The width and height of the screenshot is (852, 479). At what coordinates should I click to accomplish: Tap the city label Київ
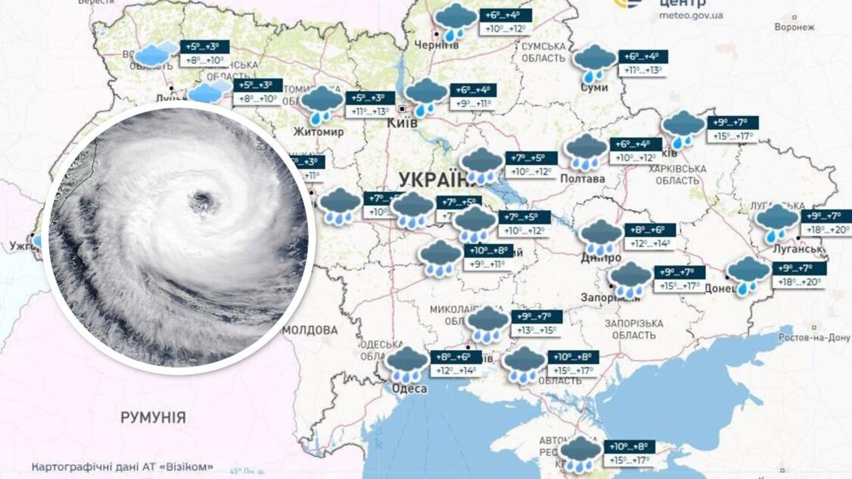tap(402, 123)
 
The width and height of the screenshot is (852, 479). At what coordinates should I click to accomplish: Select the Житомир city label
tap(318, 131)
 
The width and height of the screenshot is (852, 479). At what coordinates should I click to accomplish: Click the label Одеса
tap(409, 388)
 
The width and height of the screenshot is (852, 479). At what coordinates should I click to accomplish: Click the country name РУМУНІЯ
tap(153, 417)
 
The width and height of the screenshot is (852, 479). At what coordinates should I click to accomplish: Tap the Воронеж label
tap(794, 27)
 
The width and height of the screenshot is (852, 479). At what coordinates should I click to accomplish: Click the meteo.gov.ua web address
tap(691, 16)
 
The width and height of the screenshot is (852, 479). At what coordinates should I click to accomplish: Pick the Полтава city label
tap(582, 178)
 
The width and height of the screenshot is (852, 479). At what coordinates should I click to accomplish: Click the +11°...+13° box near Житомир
tap(370, 111)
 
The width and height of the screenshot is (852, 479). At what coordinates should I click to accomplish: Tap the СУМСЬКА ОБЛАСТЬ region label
tap(543, 52)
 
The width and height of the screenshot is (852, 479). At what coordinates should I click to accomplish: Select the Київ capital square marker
tap(402, 109)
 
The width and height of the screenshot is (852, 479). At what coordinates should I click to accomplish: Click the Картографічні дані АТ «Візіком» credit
tap(123, 467)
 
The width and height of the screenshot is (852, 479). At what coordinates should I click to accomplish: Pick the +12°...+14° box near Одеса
tap(456, 370)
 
